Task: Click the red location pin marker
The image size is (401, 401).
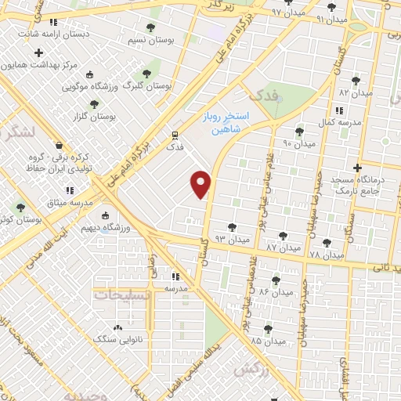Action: [x=201, y=184]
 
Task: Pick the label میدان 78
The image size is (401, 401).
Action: [x=327, y=255]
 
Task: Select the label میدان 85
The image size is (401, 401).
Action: [x=267, y=341]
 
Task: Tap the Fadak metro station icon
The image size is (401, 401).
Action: [x=175, y=134]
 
